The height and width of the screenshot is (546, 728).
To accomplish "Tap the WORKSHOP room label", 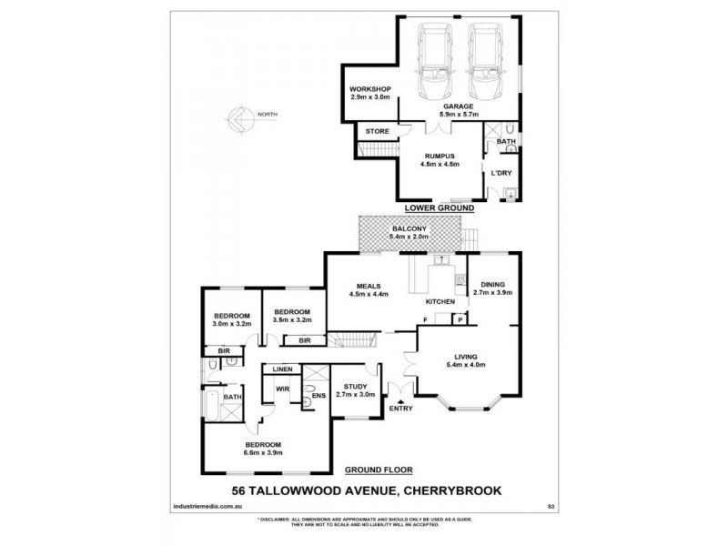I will [369, 88].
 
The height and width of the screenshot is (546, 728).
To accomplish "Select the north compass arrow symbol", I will [238, 115].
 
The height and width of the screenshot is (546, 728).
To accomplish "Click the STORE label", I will [377, 131].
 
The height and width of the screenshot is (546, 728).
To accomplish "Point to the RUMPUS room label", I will [439, 155].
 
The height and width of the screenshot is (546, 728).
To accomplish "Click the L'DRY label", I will [501, 173].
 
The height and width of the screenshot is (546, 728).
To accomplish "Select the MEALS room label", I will [369, 284].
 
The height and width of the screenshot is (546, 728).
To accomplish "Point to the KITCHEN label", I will [440, 301].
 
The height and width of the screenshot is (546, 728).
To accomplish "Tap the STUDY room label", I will [349, 386].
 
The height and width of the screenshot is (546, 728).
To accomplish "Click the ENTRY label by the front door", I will [400, 409].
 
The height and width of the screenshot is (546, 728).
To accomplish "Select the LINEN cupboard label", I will [282, 369].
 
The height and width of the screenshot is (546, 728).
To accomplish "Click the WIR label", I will [282, 388].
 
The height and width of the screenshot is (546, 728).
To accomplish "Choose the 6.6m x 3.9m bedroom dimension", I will [265, 452].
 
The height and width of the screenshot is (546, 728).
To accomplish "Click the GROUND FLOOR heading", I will [378, 470].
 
